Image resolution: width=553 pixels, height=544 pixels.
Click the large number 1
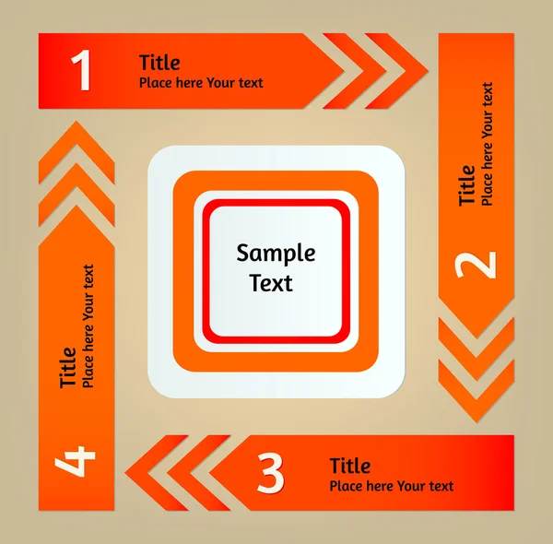[x=81, y=70]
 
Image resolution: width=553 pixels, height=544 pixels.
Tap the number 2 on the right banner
[x=476, y=265]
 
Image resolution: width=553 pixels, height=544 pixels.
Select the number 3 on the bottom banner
[x=270, y=473]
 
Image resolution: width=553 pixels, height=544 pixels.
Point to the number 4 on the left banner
[x=76, y=461]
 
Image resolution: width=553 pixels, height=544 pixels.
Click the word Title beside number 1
[x=159, y=63]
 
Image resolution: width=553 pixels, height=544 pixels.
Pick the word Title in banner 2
[x=466, y=184]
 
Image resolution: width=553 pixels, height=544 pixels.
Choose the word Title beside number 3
[x=350, y=466]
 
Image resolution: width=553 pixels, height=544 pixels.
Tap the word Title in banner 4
[x=67, y=368]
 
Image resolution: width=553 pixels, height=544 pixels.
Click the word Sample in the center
[x=276, y=253]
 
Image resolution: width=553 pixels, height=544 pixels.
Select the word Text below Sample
[x=271, y=282]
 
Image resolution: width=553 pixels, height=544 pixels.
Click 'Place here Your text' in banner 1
[x=201, y=83]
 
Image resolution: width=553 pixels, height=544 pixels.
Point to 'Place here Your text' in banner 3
[x=392, y=486]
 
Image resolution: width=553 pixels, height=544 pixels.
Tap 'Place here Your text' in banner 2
[x=487, y=144]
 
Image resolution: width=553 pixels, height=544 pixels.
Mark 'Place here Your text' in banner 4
[x=88, y=326]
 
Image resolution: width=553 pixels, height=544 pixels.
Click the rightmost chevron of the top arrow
[x=396, y=71]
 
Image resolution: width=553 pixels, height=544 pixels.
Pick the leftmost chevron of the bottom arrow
[x=157, y=472]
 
